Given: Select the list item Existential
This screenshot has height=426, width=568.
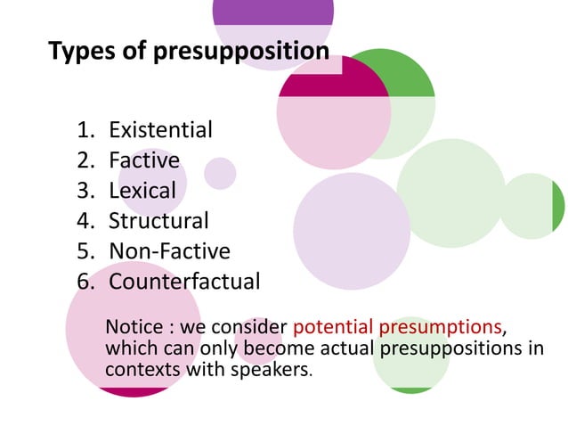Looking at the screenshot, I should click(x=160, y=130).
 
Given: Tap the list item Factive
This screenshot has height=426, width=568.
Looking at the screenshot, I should click(x=144, y=160).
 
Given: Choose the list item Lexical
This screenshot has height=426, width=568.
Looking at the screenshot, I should click(x=142, y=191).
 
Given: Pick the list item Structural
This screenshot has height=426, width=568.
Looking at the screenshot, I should click(x=158, y=220).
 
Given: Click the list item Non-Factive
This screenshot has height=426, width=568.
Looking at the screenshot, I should click(x=169, y=250).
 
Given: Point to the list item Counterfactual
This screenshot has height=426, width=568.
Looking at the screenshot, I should click(x=184, y=282).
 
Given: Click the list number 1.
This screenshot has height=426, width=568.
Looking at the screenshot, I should click(x=85, y=131).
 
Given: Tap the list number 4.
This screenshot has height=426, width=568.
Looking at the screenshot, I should click(x=85, y=221).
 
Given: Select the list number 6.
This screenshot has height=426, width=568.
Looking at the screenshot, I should click(x=85, y=282).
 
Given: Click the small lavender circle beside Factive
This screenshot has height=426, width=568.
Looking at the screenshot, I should click(x=220, y=173).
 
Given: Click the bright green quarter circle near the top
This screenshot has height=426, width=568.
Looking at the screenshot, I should click(x=410, y=77).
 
